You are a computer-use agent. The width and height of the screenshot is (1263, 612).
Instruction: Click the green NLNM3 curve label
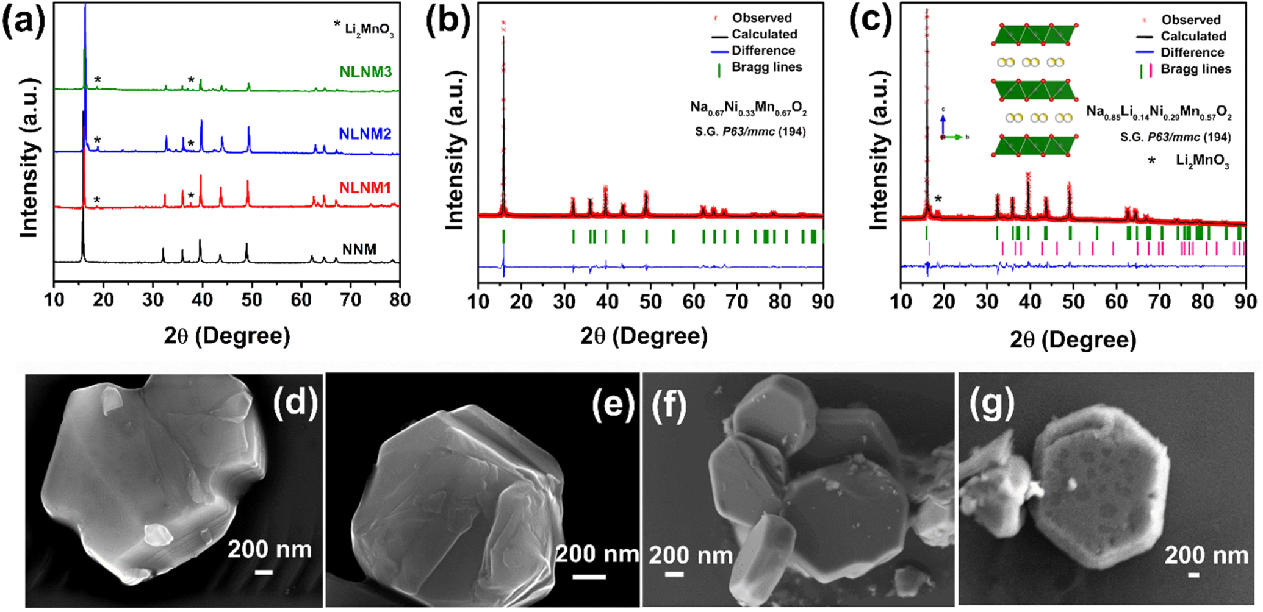[x=365, y=72]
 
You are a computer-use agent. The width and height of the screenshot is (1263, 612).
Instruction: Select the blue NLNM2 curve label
[x=365, y=134]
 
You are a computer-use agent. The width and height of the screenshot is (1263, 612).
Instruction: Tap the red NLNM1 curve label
[x=365, y=188]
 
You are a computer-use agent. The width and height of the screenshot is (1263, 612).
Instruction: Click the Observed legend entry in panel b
[x=761, y=18]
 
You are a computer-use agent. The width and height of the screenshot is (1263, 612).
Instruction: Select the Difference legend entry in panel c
[x=1192, y=52]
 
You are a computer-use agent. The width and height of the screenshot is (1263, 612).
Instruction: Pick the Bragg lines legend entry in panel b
[x=766, y=68]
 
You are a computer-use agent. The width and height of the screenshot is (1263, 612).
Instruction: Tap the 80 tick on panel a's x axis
[x=400, y=300]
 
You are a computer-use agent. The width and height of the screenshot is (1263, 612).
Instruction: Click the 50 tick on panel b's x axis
[x=650, y=302]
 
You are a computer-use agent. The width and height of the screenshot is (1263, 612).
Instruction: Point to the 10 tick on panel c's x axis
[x=901, y=302]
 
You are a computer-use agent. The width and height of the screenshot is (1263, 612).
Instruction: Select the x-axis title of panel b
[x=644, y=336]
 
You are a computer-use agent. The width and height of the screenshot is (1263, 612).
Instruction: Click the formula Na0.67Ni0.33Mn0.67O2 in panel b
[x=748, y=109]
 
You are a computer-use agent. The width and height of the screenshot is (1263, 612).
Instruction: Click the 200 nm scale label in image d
[x=269, y=550]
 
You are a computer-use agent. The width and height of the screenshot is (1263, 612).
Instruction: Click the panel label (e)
[x=613, y=404]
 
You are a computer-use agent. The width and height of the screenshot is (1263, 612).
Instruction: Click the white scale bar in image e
[x=589, y=575]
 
